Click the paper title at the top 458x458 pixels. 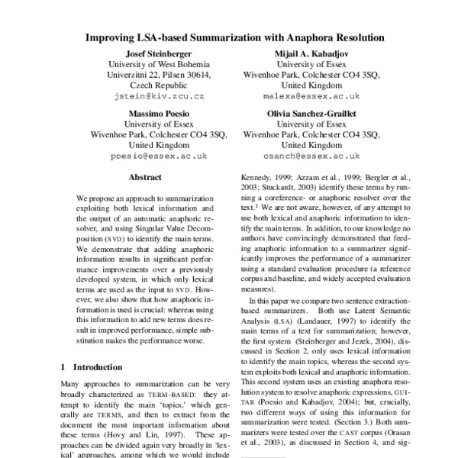234,36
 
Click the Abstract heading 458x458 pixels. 145,177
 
